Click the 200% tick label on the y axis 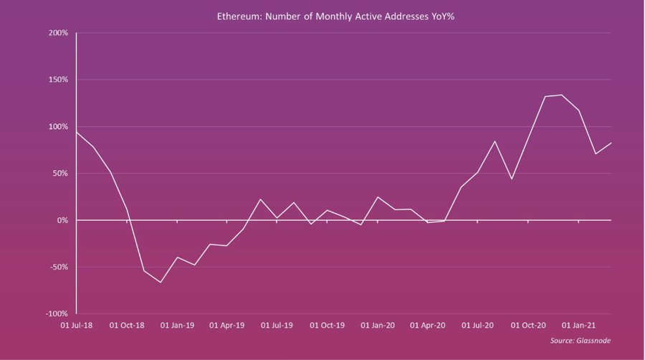click(58, 33)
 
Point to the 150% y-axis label click(58, 80)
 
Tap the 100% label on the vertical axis click(58, 127)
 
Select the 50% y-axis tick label click(60, 174)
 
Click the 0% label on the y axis click(62, 220)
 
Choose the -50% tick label click(59, 267)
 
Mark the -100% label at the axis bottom click(57, 314)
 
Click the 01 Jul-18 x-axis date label click(77, 326)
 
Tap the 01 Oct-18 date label click(127, 326)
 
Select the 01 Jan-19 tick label click(177, 326)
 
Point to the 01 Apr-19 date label click(226, 326)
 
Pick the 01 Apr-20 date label click(427, 326)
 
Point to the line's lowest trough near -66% click(160, 282)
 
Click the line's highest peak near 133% click(561, 95)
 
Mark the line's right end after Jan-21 click(611, 143)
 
